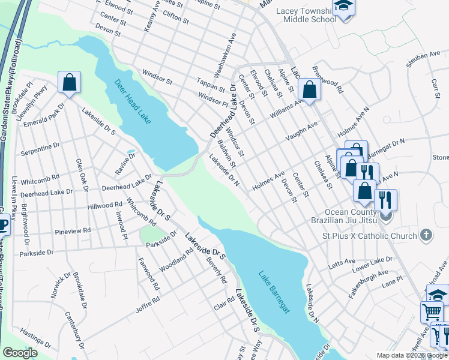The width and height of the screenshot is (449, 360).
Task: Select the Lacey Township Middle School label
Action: click(x=307, y=15)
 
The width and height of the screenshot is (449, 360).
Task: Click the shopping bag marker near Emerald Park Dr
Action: click(x=69, y=83)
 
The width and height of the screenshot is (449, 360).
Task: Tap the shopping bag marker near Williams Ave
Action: click(x=309, y=90)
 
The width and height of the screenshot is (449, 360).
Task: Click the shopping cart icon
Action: click(x=432, y=311)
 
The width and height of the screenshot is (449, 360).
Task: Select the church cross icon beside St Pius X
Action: click(x=426, y=235)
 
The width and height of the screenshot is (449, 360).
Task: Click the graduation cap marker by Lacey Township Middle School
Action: click(x=344, y=7)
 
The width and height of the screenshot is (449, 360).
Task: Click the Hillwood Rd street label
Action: click(x=105, y=205)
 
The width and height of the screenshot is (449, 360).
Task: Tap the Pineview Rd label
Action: click(x=71, y=230)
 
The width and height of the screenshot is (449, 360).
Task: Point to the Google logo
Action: click(x=20, y=353)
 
